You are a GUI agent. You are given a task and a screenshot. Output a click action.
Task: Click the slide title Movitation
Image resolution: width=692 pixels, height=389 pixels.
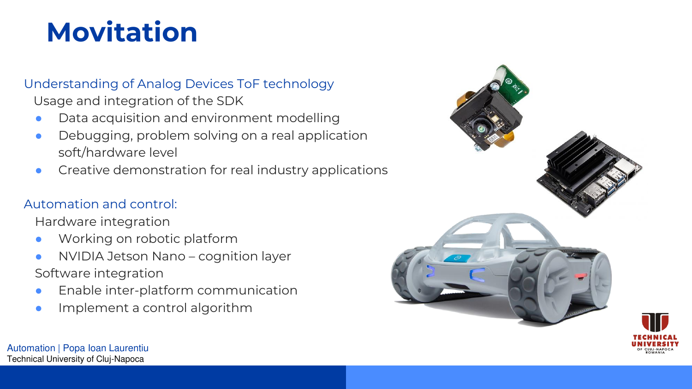coord(122,32)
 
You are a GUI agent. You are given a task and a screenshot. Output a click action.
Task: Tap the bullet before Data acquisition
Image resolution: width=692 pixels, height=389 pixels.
coord(39,118)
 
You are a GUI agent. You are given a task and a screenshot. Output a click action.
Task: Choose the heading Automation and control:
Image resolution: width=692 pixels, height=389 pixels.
coord(101,204)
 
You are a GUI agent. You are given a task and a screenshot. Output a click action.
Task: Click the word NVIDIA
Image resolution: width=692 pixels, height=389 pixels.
coord(81,256)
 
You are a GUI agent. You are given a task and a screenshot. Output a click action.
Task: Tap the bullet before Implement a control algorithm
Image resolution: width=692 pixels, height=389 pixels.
coord(39,308)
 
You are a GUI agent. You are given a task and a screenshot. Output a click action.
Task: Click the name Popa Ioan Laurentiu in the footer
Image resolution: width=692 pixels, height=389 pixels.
coord(106,348)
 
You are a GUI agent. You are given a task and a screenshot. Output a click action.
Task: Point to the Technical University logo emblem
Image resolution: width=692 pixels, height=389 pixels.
coord(655,322)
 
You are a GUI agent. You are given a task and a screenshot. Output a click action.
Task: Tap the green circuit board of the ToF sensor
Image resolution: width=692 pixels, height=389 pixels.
coord(513,83)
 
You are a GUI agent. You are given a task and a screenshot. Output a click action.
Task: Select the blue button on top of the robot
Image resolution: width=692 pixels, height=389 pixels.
coord(458,258)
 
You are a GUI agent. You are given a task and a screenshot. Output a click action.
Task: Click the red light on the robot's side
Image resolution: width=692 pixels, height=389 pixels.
coord(581,275)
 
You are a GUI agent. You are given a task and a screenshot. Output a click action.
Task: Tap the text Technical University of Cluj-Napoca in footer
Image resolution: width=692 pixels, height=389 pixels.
coord(75,359)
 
